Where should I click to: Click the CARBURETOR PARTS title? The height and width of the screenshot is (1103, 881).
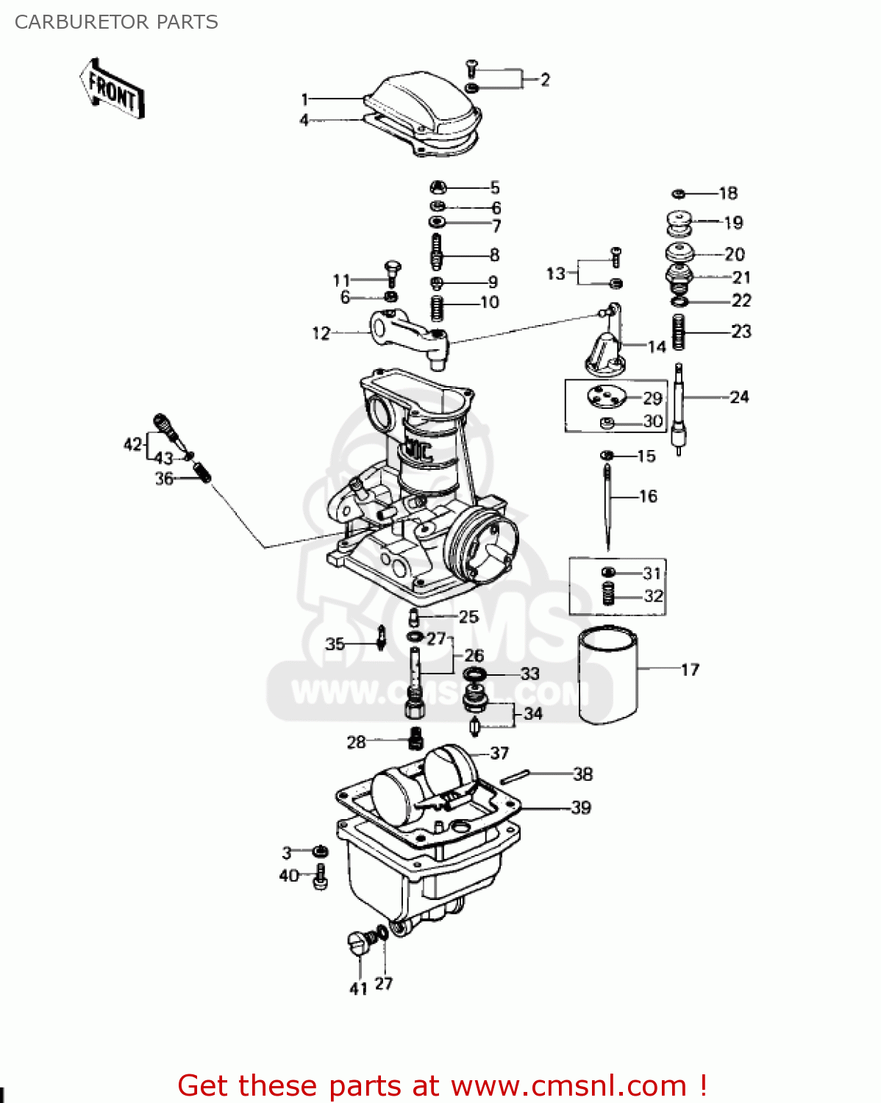[x=116, y=22]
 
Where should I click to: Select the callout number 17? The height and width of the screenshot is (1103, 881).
[x=690, y=670]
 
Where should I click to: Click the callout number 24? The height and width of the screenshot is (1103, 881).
[x=739, y=397]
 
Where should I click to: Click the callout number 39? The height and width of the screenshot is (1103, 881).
[x=581, y=807]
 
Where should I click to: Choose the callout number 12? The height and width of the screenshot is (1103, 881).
[x=321, y=333]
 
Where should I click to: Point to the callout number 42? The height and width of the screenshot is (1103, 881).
[x=132, y=444]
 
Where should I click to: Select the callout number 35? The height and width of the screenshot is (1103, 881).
[x=335, y=644]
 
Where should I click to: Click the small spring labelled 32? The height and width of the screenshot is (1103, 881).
[x=608, y=594]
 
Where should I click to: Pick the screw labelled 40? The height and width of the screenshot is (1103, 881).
[x=320, y=877]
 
